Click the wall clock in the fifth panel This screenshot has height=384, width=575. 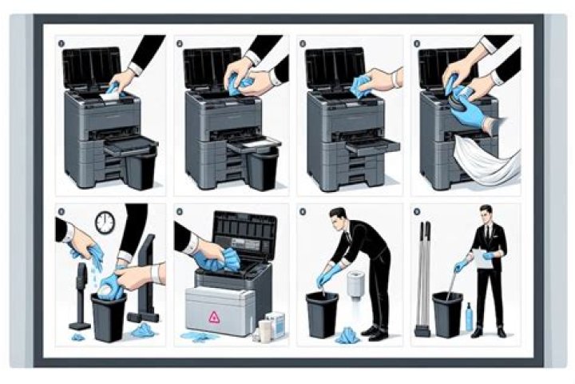click(105, 223)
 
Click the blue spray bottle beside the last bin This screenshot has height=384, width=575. click(469, 318)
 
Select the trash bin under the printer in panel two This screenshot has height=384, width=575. click(261, 169)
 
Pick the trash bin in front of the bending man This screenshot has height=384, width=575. click(322, 314)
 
